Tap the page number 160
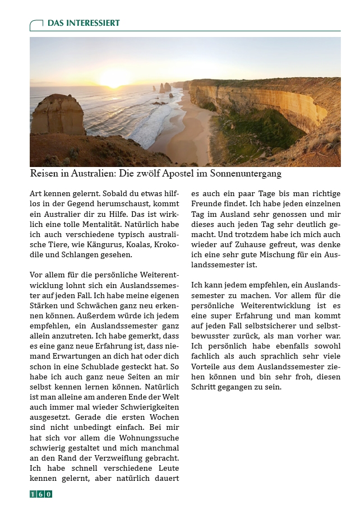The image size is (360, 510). [41, 494]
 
